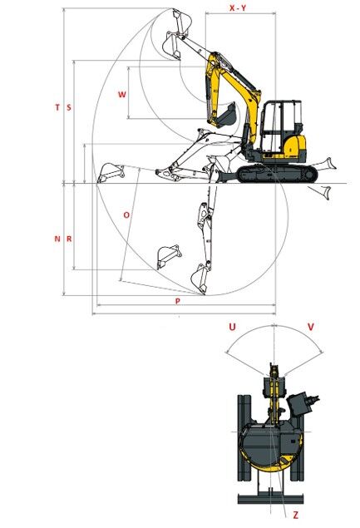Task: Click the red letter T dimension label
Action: click(57, 107)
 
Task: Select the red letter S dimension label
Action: click(69, 107)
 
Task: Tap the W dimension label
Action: click(122, 94)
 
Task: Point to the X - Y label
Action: click(238, 7)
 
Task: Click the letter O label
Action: click(126, 215)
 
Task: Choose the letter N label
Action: click(57, 239)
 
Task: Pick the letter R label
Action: click(69, 239)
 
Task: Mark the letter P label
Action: click(178, 301)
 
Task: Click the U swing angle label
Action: click(232, 327)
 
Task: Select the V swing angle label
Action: click(311, 327)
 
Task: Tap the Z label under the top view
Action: click(296, 515)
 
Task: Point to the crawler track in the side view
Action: click(277, 174)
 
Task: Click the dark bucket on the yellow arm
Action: click(226, 116)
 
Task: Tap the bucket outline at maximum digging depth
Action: click(200, 279)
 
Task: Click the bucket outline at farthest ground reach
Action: click(111, 173)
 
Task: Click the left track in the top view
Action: click(244, 437)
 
